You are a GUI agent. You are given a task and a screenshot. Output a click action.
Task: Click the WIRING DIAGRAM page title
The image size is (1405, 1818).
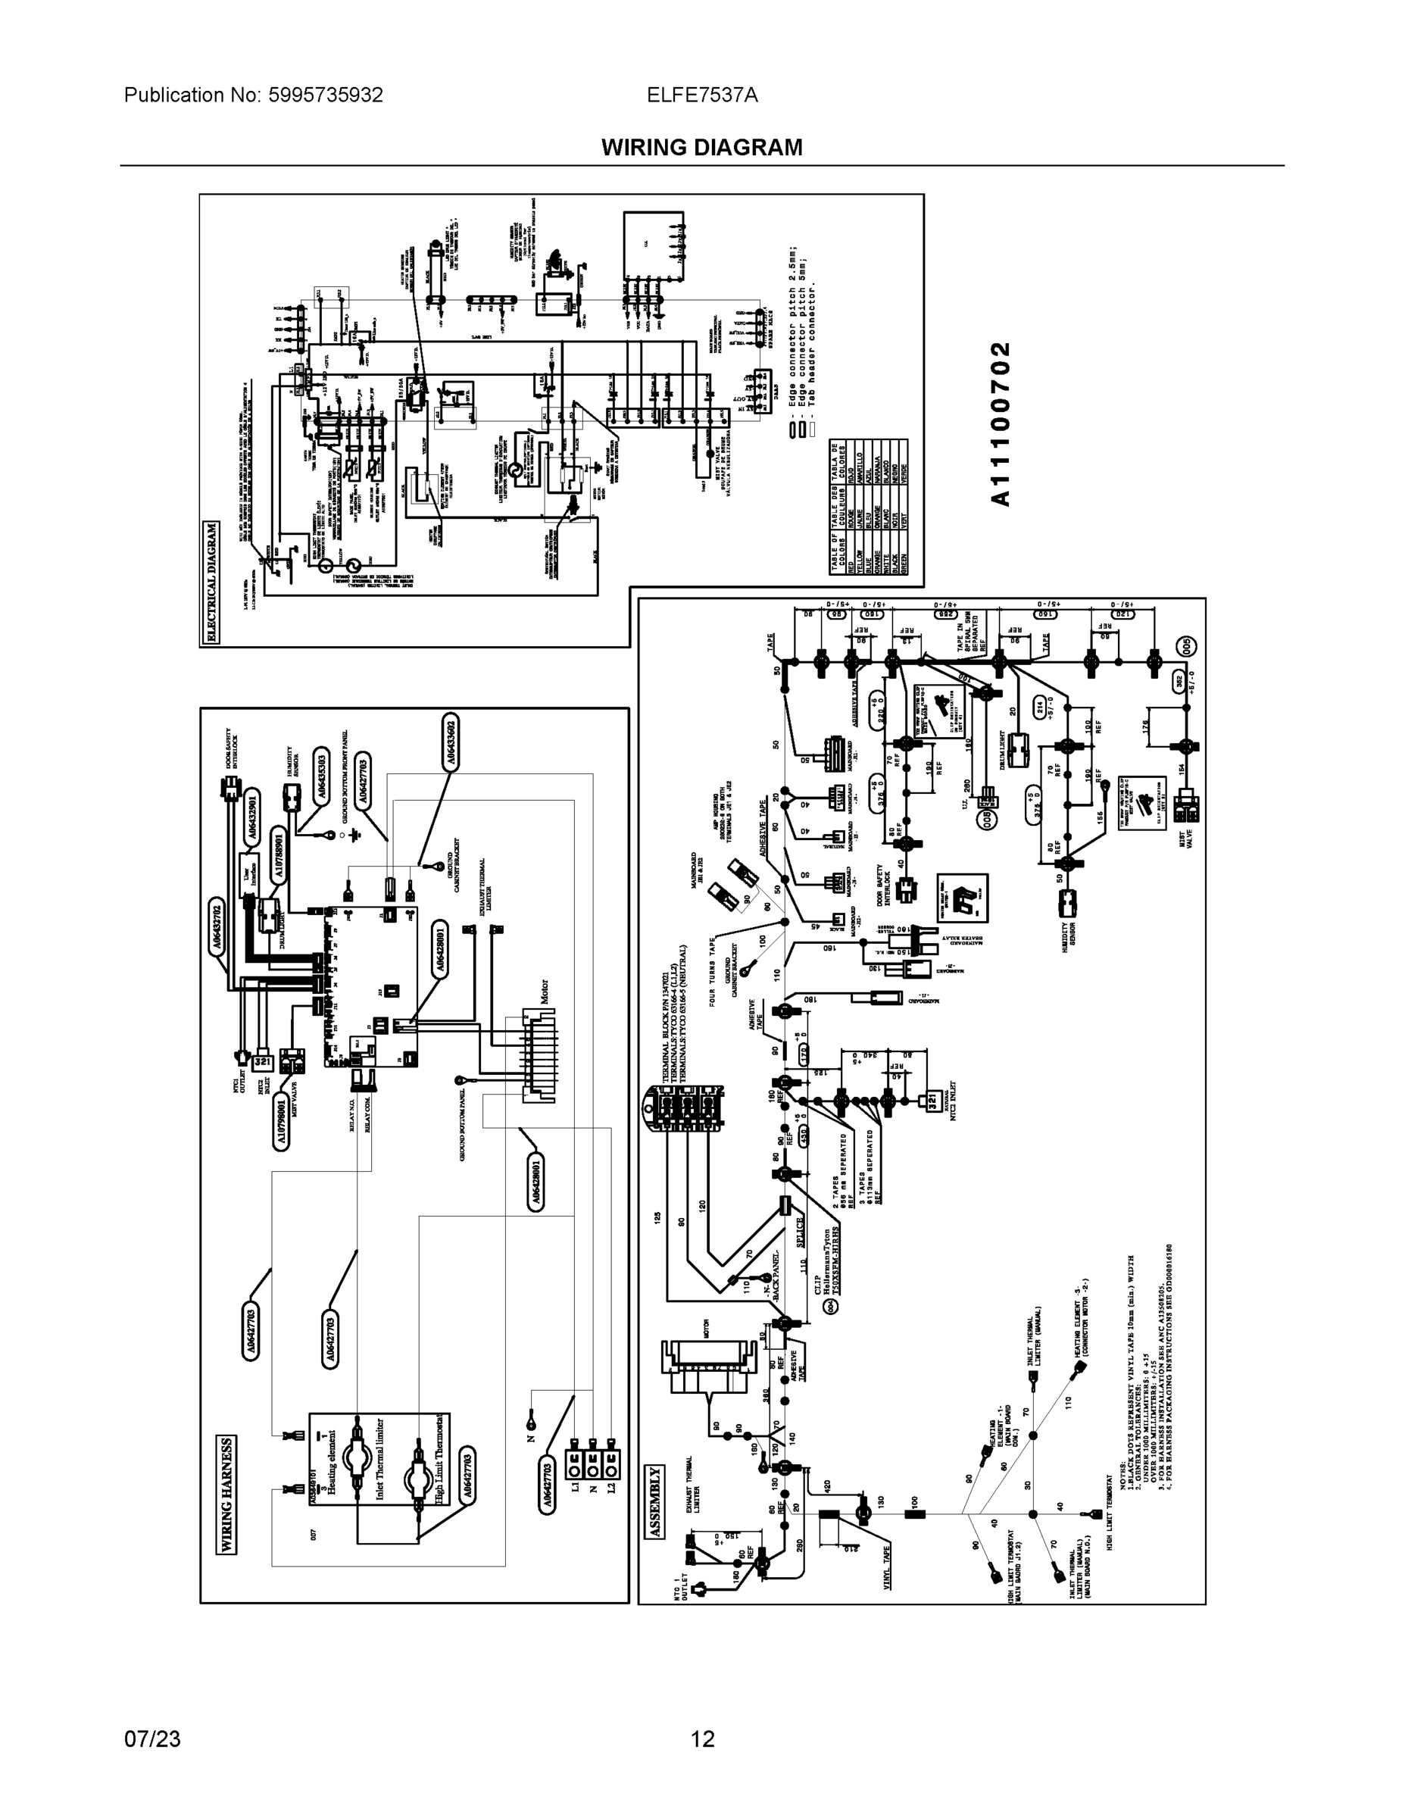[x=701, y=148]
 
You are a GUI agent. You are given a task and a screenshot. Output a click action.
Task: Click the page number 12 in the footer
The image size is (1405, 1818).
[x=703, y=1739]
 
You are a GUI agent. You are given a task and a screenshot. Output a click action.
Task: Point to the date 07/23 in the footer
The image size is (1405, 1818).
[x=151, y=1739]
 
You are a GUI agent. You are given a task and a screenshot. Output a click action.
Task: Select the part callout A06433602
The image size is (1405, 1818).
[x=449, y=740]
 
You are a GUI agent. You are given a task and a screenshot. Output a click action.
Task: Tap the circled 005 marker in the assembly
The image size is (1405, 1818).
[x=1187, y=646]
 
